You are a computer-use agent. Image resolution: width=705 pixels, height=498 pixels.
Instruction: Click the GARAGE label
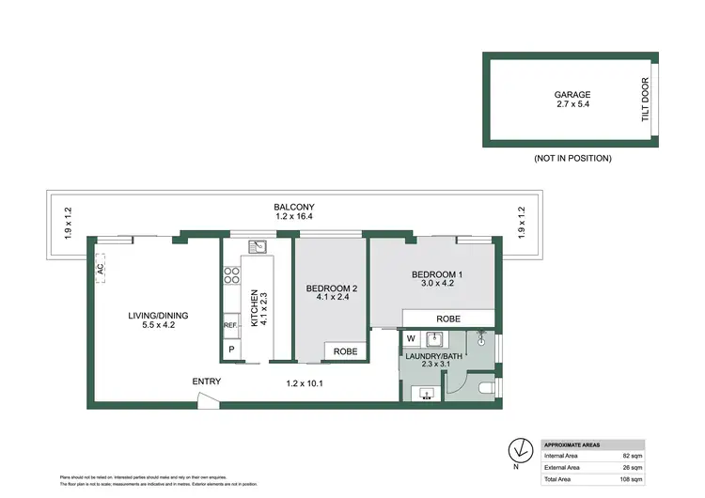tap(572, 94)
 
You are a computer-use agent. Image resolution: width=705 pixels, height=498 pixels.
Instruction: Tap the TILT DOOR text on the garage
tap(646, 101)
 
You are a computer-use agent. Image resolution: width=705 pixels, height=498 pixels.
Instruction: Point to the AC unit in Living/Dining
tap(99, 269)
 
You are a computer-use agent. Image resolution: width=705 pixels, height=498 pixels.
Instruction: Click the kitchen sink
tap(257, 248)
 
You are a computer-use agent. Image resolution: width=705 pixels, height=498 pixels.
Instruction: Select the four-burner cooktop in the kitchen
tap(230, 276)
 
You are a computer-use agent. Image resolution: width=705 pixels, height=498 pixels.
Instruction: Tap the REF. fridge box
tap(230, 326)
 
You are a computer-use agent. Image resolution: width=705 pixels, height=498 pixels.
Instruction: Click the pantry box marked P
tap(230, 350)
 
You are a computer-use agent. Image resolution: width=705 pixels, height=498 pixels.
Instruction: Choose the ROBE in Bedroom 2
tap(345, 351)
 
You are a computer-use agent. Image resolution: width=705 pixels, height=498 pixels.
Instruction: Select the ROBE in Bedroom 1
tap(447, 319)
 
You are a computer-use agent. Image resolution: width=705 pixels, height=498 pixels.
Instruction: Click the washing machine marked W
tap(411, 338)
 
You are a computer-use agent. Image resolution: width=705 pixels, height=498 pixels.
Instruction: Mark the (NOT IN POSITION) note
tap(572, 158)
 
